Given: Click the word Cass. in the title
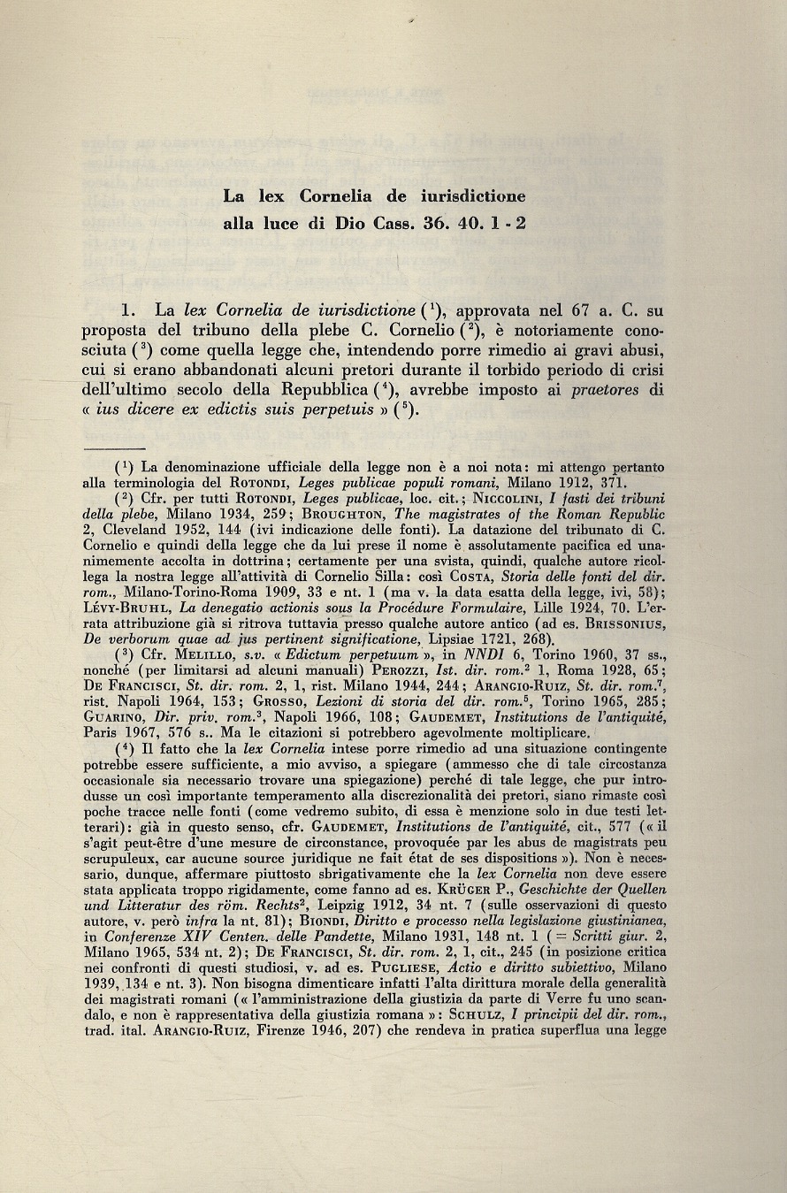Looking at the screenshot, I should coord(400,225).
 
